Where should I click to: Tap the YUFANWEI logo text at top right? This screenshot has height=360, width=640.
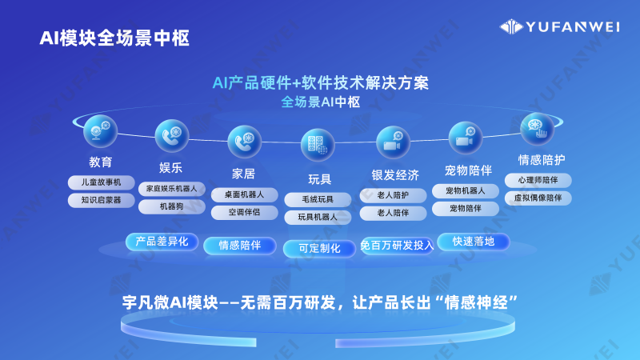tap(570, 26)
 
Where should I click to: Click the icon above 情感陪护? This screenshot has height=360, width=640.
tap(537, 128)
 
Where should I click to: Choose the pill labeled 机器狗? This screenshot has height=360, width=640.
tap(171, 206)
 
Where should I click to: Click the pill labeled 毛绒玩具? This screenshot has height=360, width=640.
tap(318, 198)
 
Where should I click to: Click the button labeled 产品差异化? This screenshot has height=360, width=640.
tap(161, 241)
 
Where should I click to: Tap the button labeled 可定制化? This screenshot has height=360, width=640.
tap(319, 249)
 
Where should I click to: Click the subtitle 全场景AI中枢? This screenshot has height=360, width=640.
tap(320, 102)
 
